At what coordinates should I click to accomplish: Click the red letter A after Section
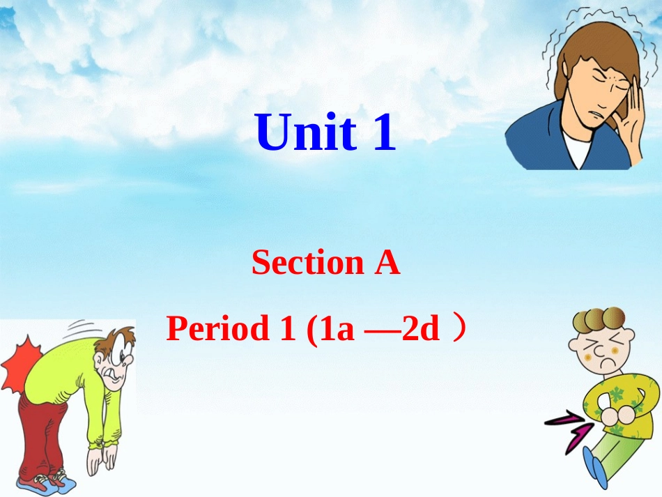point(387,263)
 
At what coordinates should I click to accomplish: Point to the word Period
point(218,328)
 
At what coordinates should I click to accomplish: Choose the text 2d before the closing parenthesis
point(420,328)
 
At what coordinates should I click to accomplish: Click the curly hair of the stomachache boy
point(598,321)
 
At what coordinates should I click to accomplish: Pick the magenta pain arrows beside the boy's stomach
point(568,427)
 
